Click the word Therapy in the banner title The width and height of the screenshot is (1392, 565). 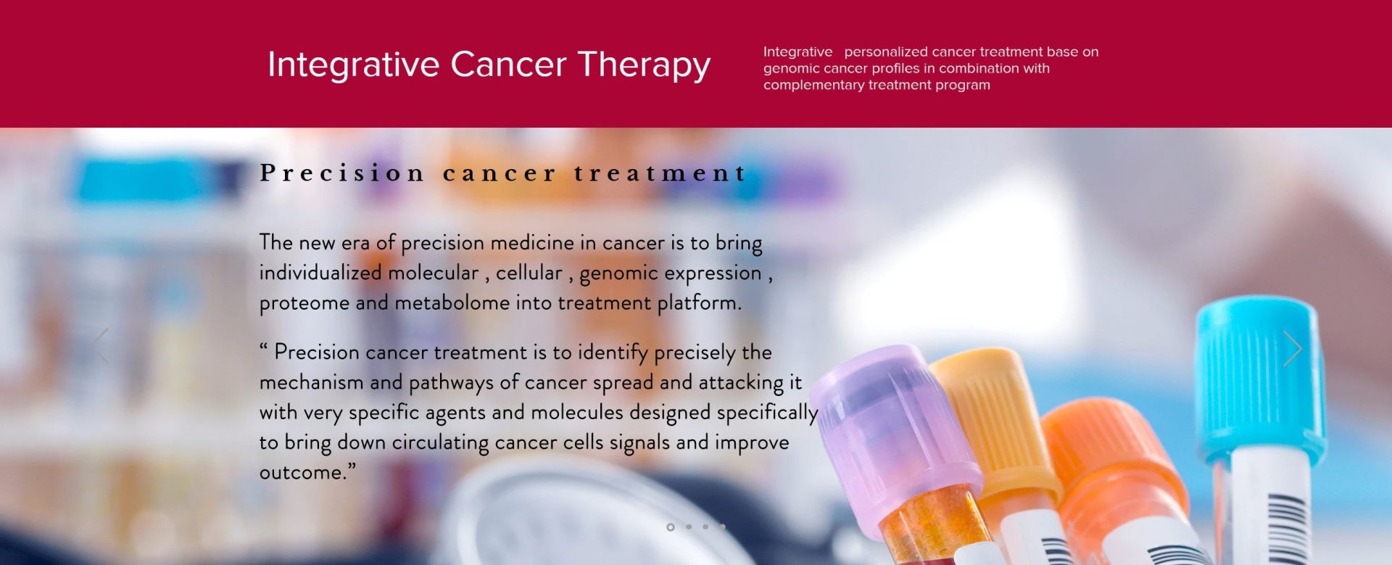pyautogui.click(x=644, y=65)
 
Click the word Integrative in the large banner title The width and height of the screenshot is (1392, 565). pyautogui.click(x=353, y=65)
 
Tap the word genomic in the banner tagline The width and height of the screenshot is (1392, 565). pyautogui.click(x=789, y=68)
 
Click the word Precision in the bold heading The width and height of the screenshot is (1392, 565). pyautogui.click(x=342, y=173)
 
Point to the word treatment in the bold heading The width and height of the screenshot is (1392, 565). pyautogui.click(x=660, y=173)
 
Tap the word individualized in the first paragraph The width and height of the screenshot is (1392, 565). pyautogui.click(x=320, y=273)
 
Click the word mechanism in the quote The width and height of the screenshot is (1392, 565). pyautogui.click(x=312, y=382)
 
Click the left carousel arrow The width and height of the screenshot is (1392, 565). pyautogui.click(x=100, y=346)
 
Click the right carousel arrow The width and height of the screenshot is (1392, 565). pyautogui.click(x=1292, y=349)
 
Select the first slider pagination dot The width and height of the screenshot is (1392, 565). pyautogui.click(x=671, y=527)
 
